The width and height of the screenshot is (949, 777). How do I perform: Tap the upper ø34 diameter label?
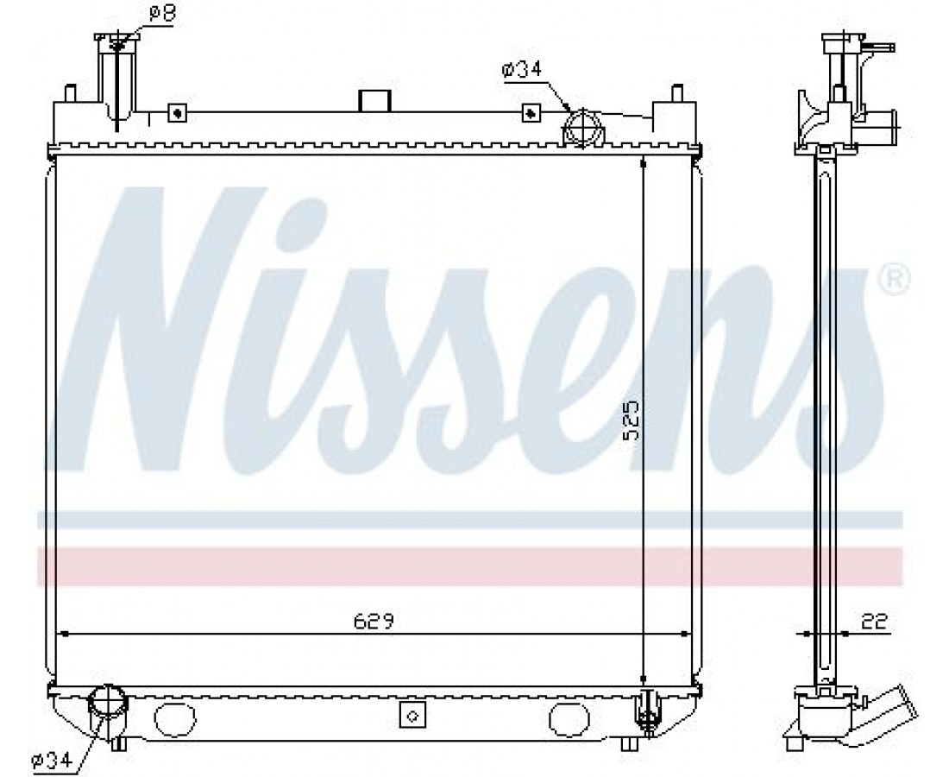coord(521,70)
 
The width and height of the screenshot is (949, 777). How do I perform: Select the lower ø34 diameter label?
coord(52,758)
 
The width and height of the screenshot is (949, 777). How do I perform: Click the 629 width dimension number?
coord(374,621)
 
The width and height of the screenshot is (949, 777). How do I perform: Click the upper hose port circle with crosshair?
coord(582,128)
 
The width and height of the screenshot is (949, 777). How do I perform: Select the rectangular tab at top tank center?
coord(374,101)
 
